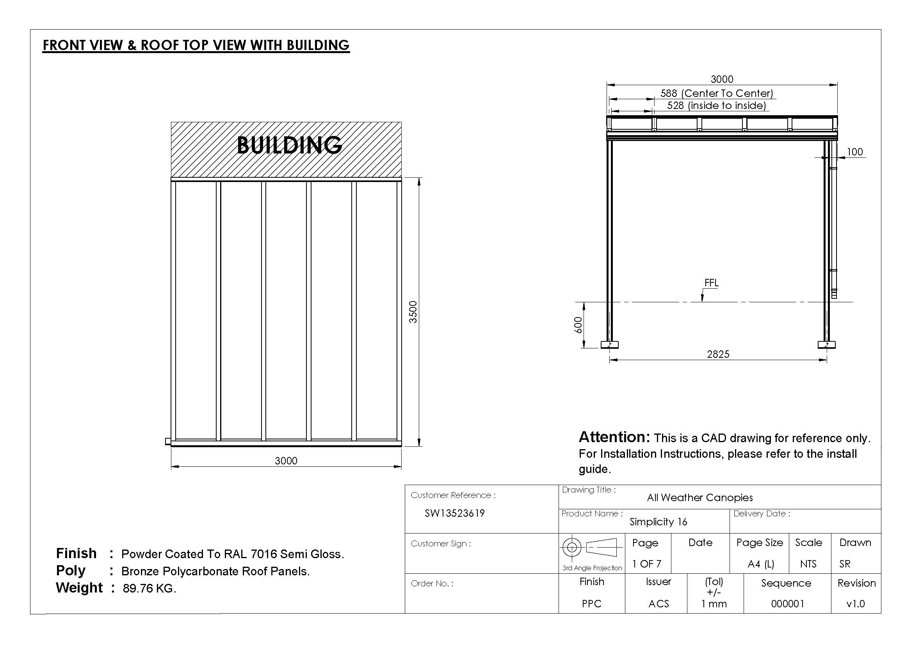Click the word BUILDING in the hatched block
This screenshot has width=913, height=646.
(290, 145)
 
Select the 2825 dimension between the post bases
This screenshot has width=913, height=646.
(718, 354)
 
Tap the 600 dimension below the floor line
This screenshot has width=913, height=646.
(578, 325)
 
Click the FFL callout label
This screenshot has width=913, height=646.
(712, 283)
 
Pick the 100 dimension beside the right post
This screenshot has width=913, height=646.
(854, 152)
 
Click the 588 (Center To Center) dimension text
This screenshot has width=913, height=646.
(717, 93)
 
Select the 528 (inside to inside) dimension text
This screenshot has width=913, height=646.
(716, 105)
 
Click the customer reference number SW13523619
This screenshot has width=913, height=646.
(454, 513)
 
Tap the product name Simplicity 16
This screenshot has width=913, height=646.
(658, 522)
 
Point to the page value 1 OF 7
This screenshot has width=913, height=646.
(646, 564)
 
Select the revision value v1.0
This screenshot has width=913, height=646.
(856, 604)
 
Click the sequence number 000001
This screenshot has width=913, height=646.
(787, 604)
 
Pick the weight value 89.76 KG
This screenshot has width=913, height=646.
(149, 588)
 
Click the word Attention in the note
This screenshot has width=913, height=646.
(614, 437)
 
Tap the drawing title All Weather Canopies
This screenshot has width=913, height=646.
(699, 498)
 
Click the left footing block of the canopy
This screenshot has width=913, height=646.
(610, 344)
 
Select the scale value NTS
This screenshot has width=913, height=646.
(808, 564)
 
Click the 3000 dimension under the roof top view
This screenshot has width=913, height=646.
(286, 460)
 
